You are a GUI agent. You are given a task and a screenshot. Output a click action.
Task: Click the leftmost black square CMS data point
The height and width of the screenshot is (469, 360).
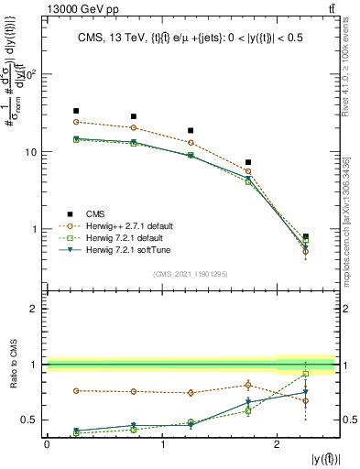point(76,111)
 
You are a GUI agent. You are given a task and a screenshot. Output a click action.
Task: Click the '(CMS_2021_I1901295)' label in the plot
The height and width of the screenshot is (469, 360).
point(190,273)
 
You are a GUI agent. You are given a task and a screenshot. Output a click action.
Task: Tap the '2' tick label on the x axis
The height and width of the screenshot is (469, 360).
point(277,443)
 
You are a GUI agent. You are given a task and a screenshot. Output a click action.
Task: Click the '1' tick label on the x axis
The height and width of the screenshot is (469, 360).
point(162,443)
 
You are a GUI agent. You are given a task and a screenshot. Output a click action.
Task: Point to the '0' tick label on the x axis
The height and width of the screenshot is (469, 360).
point(47,443)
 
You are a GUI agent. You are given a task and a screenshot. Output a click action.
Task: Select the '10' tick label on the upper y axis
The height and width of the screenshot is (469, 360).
point(29,152)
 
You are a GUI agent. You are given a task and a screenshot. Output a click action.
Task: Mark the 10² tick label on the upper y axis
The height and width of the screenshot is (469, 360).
point(29,75)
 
